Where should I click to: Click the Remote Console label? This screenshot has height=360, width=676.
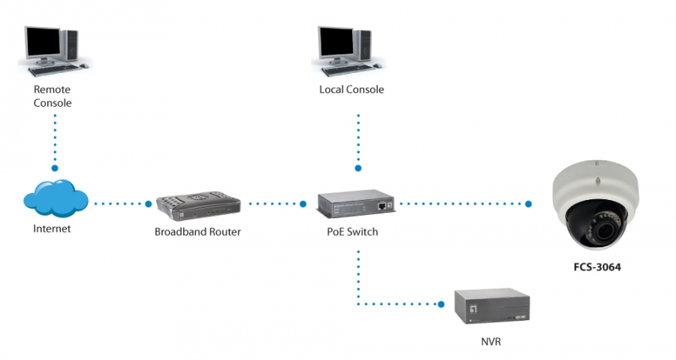click(x=52, y=96)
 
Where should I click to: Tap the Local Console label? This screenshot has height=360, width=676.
click(x=352, y=89)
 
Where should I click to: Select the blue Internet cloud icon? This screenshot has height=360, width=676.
click(x=56, y=198)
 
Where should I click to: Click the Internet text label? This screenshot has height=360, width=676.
click(x=52, y=228)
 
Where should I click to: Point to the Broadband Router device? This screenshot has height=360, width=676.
click(x=198, y=206)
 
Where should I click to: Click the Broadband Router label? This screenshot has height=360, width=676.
click(x=198, y=232)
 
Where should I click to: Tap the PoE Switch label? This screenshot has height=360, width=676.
click(x=352, y=232)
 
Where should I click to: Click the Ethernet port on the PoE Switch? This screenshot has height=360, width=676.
click(x=382, y=206)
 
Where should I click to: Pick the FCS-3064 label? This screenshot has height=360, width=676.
click(x=597, y=268)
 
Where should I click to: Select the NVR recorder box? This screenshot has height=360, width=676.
click(x=492, y=306)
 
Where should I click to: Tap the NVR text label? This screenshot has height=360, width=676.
click(x=491, y=342)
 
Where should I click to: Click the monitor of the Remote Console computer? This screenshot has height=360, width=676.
click(x=42, y=44)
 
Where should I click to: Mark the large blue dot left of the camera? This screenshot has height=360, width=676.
click(x=529, y=204)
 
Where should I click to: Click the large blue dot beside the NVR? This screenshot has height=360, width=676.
click(x=441, y=304)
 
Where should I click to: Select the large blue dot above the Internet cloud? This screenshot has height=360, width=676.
click(x=55, y=168)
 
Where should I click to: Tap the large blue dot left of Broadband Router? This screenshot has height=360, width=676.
click(x=148, y=204)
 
